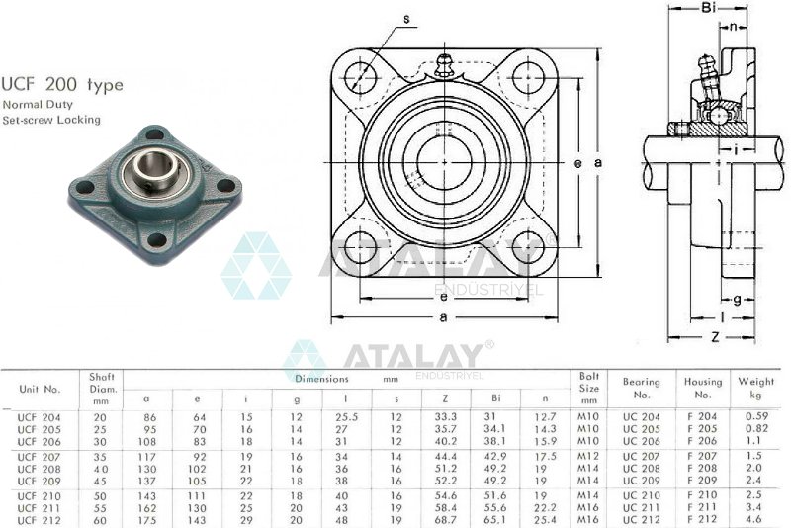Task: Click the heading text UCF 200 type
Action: pyautogui.click(x=63, y=85)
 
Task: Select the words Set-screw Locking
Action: pyautogui.click(x=51, y=120)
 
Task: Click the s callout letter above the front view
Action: pyautogui.click(x=406, y=17)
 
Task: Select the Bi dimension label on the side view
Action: pyautogui.click(x=708, y=9)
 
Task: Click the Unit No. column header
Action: pyautogui.click(x=41, y=389)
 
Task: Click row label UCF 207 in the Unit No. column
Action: pyautogui.click(x=41, y=456)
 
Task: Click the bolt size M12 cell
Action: pyautogui.click(x=590, y=456)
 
